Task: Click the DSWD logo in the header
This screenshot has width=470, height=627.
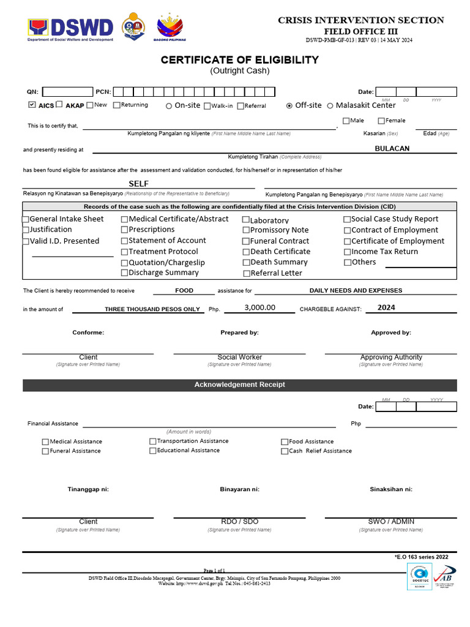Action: (70, 28)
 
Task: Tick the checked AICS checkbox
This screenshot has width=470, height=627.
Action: (32, 105)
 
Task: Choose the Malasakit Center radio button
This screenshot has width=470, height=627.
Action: (330, 105)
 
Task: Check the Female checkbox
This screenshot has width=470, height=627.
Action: (381, 121)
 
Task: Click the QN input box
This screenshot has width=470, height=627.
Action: (67, 92)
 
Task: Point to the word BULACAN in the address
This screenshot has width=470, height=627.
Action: (392, 148)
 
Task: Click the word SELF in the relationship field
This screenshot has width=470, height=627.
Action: (139, 184)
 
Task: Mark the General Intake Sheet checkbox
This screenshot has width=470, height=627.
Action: (26, 219)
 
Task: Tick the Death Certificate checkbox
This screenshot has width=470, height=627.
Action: (246, 252)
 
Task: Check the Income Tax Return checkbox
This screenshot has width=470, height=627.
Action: (347, 252)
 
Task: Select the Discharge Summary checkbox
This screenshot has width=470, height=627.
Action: (124, 273)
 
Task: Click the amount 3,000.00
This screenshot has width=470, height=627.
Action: (259, 308)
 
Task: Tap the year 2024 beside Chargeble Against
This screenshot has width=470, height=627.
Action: (386, 307)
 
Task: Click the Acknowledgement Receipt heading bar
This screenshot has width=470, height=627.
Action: (239, 385)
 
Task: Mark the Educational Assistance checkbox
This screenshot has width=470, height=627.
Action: (152, 451)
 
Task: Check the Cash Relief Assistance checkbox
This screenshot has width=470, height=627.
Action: (285, 451)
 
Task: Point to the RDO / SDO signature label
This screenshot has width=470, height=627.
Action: (239, 522)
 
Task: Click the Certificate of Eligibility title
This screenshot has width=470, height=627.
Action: (239, 60)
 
